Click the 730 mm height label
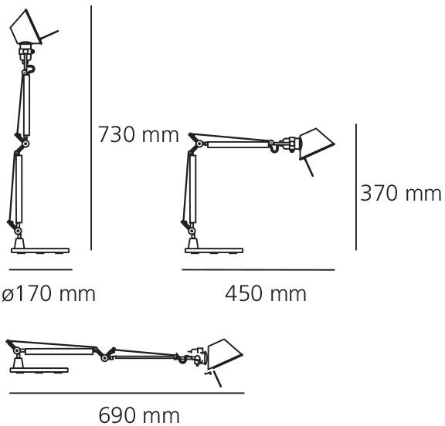(x=138, y=136)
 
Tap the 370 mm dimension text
(x=401, y=193)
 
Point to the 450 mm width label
(x=266, y=294)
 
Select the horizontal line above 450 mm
(x=258, y=270)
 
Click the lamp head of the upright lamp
(x=27, y=31)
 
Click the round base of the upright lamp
(x=39, y=248)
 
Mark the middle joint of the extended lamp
(x=108, y=353)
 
